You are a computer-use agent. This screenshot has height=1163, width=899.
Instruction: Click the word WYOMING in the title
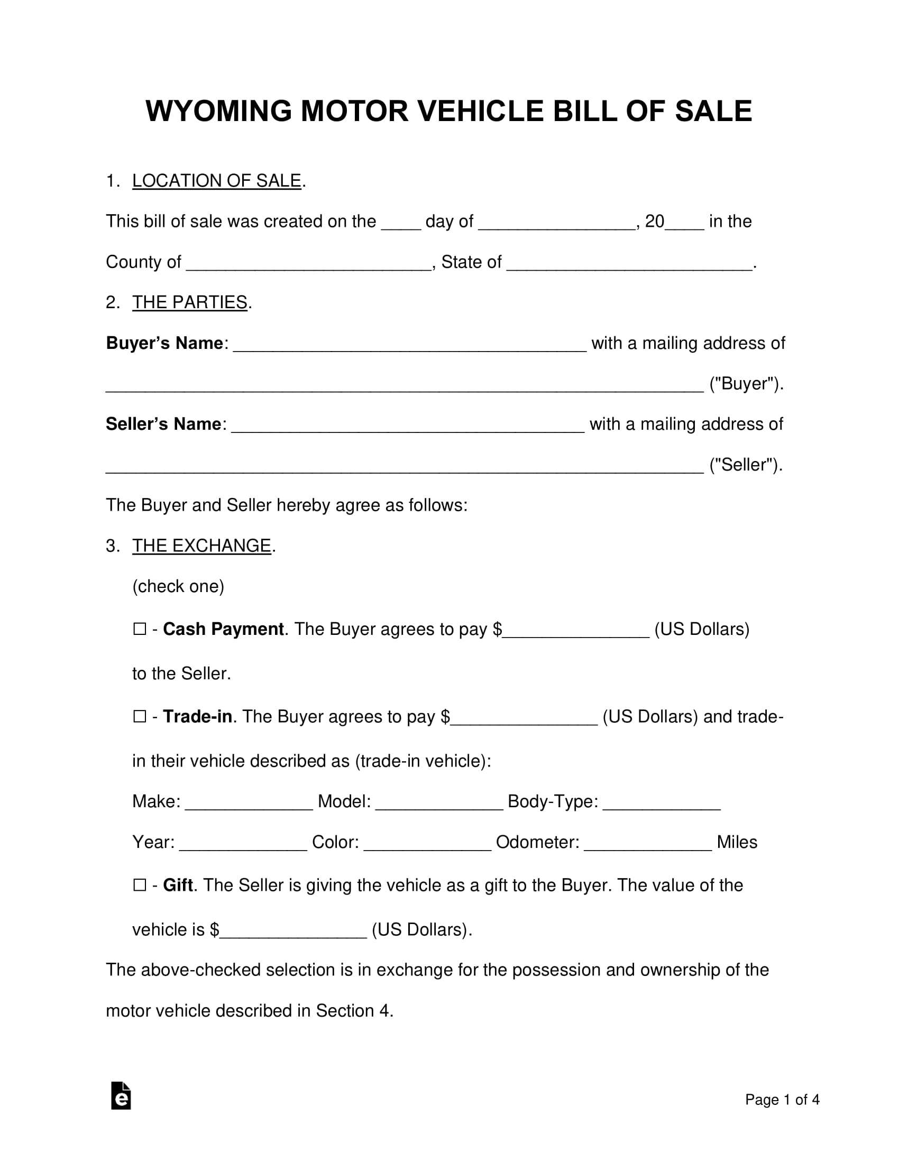click(218, 112)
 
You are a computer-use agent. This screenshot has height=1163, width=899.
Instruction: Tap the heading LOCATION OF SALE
click(216, 181)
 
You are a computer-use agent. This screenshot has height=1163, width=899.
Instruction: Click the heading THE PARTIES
click(190, 302)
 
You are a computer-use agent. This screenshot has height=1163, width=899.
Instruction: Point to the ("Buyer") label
click(746, 384)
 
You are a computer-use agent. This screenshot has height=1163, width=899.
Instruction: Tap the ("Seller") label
click(746, 465)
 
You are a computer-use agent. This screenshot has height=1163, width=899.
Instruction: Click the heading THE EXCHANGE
click(201, 546)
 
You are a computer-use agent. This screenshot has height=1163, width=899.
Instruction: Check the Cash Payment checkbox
click(140, 630)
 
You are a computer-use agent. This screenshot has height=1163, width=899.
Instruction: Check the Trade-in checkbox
click(140, 717)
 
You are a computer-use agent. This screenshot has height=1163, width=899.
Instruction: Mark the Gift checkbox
click(140, 885)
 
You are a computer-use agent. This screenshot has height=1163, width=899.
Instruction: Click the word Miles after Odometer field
click(737, 843)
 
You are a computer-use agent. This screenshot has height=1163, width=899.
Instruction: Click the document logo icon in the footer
click(121, 1096)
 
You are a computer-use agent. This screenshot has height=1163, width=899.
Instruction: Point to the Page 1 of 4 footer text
click(782, 1100)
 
